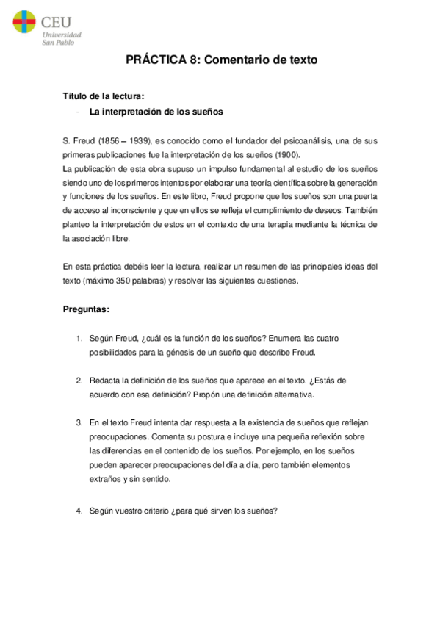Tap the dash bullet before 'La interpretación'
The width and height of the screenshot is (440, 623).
tap(77, 112)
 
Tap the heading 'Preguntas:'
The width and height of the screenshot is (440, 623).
tap(87, 309)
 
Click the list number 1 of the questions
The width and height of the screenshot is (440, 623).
tap(79, 338)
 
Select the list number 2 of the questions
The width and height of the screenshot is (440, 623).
tap(79, 380)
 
